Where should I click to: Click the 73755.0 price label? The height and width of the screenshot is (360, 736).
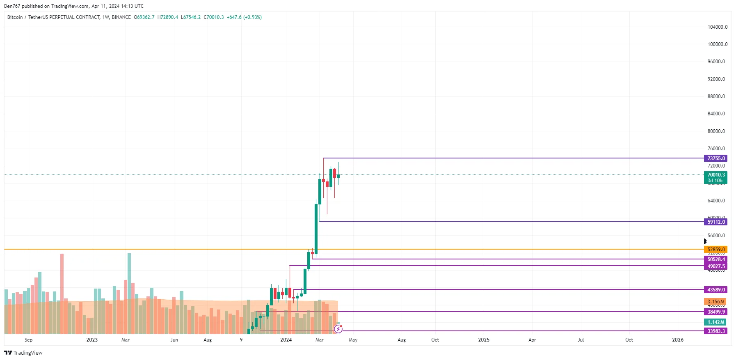[x=716, y=158]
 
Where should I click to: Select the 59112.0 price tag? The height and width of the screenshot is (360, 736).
[x=716, y=222]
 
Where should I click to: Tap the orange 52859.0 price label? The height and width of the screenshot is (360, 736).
[x=716, y=250]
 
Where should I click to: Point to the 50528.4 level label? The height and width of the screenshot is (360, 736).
[x=716, y=259]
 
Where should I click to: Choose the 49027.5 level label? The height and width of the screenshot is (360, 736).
[x=716, y=266]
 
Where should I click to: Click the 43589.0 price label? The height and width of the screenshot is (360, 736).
[x=716, y=290]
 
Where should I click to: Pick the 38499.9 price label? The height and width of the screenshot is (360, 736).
[x=716, y=312]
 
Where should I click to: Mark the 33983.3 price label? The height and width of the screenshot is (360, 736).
[x=716, y=331]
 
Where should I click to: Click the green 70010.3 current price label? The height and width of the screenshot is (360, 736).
[x=716, y=175]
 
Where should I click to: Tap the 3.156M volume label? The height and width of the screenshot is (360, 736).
[x=715, y=302]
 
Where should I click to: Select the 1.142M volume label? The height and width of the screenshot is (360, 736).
[x=715, y=322]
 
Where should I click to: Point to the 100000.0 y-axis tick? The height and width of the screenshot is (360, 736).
[x=717, y=44]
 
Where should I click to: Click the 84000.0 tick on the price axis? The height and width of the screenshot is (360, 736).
[x=716, y=114]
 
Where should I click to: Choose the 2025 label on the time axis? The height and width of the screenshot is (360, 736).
[x=484, y=340]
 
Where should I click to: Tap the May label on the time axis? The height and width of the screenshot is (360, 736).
[x=353, y=340]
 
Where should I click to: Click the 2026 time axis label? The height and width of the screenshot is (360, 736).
[x=678, y=340]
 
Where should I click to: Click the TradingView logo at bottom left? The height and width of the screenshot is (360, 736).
[x=23, y=353]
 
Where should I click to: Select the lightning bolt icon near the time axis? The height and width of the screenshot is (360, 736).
[x=338, y=329]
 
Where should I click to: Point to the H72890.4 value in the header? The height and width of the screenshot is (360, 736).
[x=168, y=17]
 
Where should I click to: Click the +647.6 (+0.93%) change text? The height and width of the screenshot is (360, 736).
[x=244, y=17]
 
